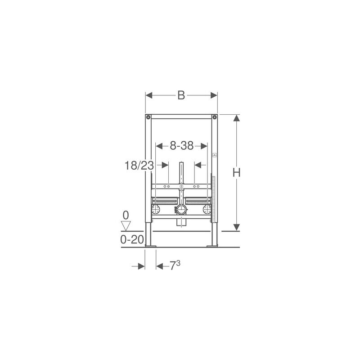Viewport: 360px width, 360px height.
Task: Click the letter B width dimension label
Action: point(181,95)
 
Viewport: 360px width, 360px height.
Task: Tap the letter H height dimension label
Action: point(237,172)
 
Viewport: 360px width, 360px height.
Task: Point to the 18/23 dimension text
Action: point(139,166)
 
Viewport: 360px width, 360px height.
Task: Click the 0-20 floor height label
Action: point(132,240)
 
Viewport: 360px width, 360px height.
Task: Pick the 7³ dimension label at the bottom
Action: point(175,266)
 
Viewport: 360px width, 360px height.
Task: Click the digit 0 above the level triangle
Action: point(126,215)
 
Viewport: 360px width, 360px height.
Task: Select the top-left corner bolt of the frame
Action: point(148,118)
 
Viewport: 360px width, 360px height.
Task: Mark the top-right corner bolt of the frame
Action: point(215,118)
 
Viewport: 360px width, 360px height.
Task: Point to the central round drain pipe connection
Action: point(181,209)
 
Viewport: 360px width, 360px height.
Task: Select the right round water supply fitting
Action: point(207,209)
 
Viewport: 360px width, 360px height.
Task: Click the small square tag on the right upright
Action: point(215,155)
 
